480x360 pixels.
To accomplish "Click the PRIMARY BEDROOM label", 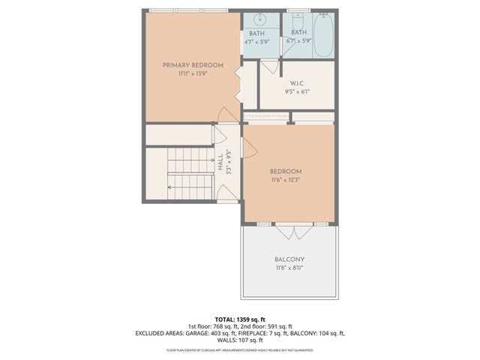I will click(193, 65).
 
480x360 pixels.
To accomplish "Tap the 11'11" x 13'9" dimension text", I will click(193, 74).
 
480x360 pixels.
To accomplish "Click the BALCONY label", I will click(289, 259).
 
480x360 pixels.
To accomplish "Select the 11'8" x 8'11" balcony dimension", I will click(289, 268).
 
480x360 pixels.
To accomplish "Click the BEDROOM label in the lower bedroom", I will click(286, 171).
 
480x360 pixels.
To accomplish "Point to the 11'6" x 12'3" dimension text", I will click(286, 180).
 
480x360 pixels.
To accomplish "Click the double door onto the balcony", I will click(296, 230).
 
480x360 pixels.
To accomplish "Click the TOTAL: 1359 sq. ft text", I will click(239, 319).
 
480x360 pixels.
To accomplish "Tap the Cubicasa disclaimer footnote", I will click(239, 350).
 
